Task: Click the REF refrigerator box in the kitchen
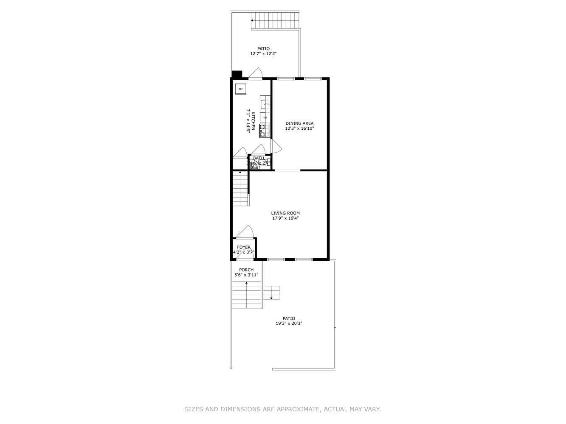pyautogui.click(x=240, y=89)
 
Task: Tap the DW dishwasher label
pyautogui.click(x=265, y=117)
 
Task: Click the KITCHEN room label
pyautogui.click(x=253, y=122)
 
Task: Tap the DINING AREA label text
pyautogui.click(x=299, y=123)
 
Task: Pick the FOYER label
pyautogui.click(x=244, y=247)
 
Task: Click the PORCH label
pyautogui.click(x=246, y=270)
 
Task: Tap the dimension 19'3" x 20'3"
pyautogui.click(x=289, y=324)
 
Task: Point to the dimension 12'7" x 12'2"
pyautogui.click(x=263, y=54)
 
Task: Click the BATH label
pyautogui.click(x=259, y=158)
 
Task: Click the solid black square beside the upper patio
pyautogui.click(x=237, y=74)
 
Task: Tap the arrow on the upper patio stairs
pyautogui.click(x=253, y=20)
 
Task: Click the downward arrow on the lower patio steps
pyautogui.click(x=271, y=298)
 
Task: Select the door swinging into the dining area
pyautogui.click(x=276, y=146)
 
